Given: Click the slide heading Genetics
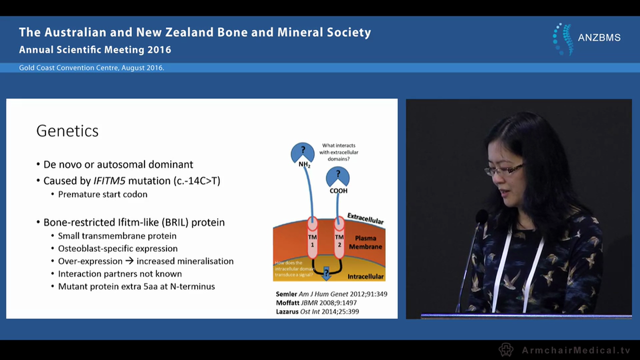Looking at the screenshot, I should [x=67, y=131].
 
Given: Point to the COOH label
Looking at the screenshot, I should [x=338, y=190].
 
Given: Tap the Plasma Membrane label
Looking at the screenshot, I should [x=365, y=242].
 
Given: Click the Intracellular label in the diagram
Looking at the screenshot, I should [x=365, y=276].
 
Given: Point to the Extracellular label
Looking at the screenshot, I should [x=365, y=218].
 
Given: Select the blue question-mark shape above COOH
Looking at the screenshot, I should [x=337, y=175].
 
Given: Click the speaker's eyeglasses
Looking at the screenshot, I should [x=503, y=169].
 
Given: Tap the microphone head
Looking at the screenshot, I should [x=481, y=216].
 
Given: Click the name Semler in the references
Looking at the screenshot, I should [x=286, y=294].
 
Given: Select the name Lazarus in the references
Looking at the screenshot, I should [x=288, y=311].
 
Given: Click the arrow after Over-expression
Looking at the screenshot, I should [x=129, y=261].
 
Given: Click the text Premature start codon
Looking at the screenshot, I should [x=102, y=194].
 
